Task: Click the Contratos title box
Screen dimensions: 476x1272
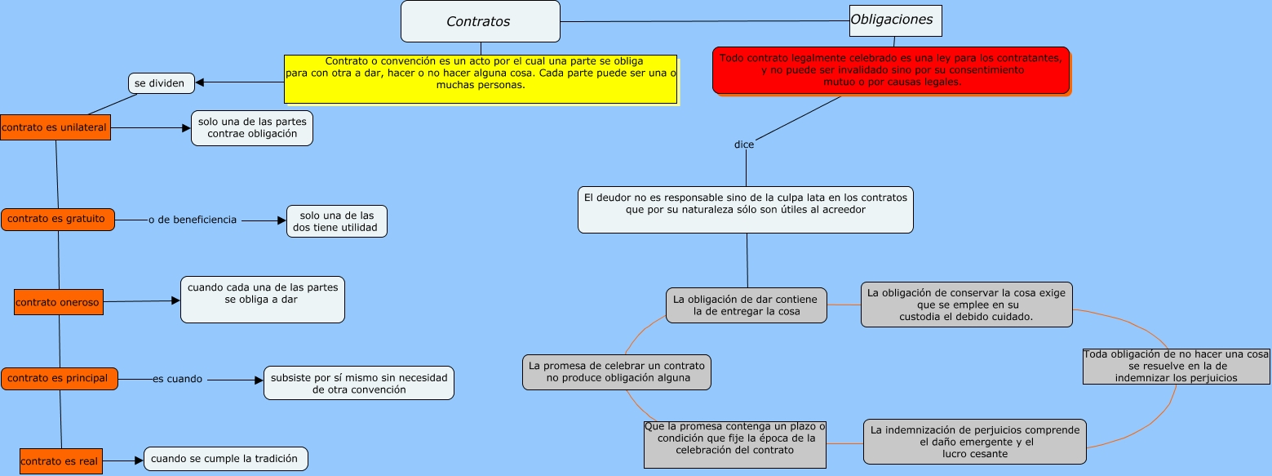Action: pyautogui.click(x=480, y=21)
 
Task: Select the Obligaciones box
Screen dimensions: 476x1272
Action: pyautogui.click(x=895, y=20)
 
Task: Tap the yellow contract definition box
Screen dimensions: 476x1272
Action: pyautogui.click(x=481, y=78)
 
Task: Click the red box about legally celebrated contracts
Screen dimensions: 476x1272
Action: pyautogui.click(x=890, y=70)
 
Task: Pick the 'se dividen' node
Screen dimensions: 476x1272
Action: pyautogui.click(x=162, y=82)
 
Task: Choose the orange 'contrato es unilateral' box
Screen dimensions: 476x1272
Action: pyautogui.click(x=55, y=127)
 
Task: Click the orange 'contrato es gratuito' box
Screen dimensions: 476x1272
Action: pyautogui.click(x=57, y=219)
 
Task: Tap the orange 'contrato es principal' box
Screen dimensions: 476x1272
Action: pyautogui.click(x=59, y=379)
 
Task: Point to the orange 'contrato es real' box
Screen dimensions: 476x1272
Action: pyautogui.click(x=60, y=461)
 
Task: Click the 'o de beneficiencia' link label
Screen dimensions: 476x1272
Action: pyautogui.click(x=193, y=220)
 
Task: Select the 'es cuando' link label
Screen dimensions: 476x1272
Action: pyautogui.click(x=177, y=379)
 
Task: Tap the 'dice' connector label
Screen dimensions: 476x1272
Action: pyautogui.click(x=744, y=145)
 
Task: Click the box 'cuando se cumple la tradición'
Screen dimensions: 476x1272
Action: pyautogui.click(x=226, y=459)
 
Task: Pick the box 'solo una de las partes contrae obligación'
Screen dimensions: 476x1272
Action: pyautogui.click(x=252, y=128)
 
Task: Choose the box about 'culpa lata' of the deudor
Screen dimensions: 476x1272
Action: pyautogui.click(x=745, y=210)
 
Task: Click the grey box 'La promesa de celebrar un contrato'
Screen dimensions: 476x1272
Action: pyautogui.click(x=616, y=372)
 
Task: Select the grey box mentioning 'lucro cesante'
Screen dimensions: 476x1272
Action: pyautogui.click(x=974, y=442)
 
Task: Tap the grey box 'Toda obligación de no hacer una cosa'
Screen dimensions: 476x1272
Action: pyautogui.click(x=1176, y=366)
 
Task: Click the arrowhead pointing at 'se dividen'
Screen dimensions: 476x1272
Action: pyautogui.click(x=199, y=82)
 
